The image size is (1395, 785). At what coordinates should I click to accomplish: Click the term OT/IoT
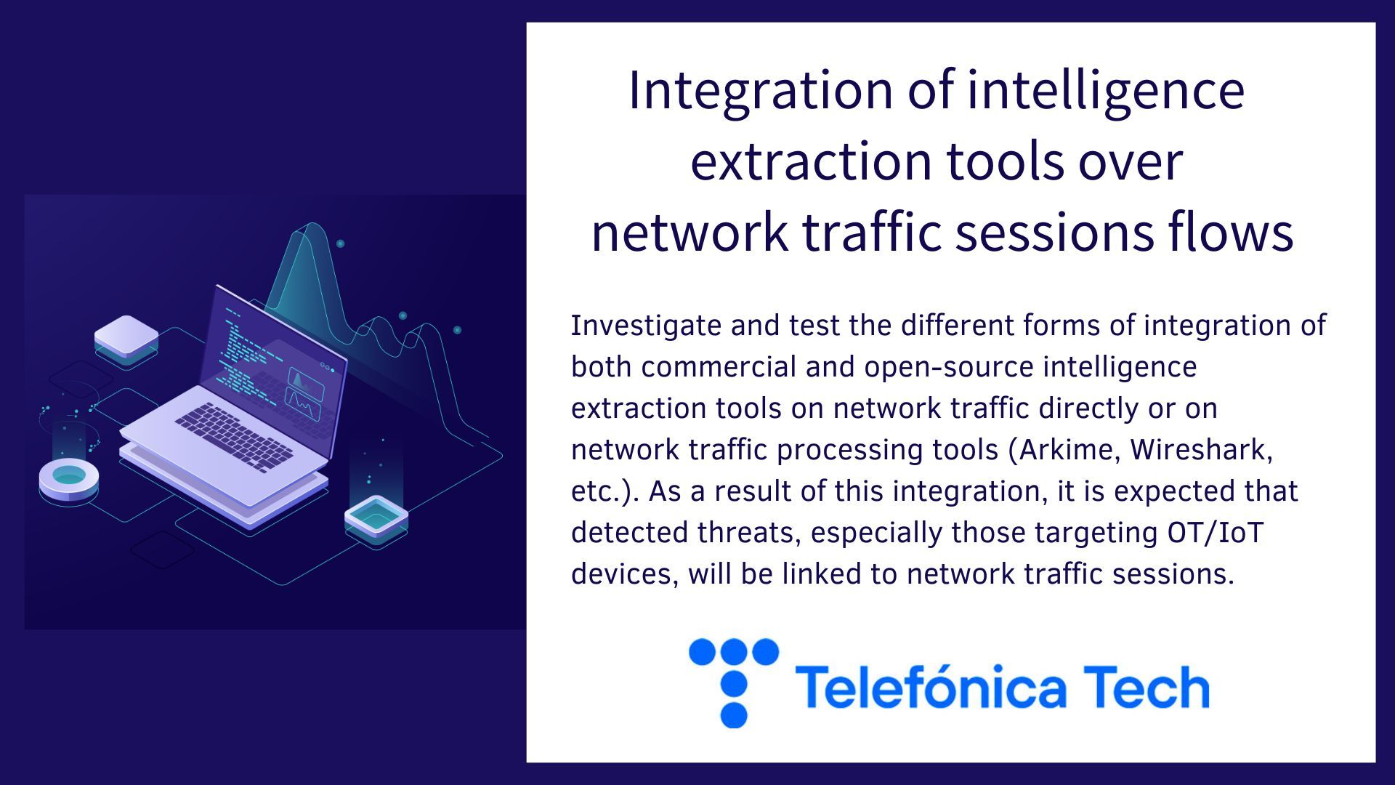1216,533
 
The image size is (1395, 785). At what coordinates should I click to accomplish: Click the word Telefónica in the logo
931,686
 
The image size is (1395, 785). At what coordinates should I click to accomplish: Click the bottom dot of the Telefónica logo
733,714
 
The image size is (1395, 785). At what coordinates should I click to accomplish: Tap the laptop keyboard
234,437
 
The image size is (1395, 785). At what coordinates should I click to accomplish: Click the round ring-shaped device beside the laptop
69,480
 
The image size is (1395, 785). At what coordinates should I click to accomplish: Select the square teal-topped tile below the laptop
376,518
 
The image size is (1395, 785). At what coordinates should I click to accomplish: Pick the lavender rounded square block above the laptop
126,339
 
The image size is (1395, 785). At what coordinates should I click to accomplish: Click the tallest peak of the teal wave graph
313,224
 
